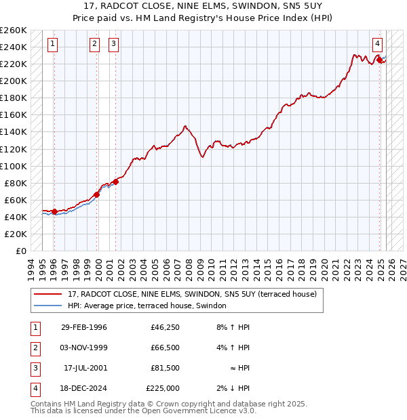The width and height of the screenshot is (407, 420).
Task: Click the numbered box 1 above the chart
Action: point(53,45)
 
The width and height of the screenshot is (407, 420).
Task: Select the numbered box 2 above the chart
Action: point(94,45)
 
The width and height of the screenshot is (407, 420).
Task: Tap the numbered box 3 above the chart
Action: point(113,45)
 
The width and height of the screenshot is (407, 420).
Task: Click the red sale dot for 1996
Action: point(54,211)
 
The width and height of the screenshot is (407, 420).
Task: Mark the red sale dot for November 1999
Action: point(96,194)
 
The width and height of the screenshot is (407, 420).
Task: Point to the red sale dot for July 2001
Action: point(116,182)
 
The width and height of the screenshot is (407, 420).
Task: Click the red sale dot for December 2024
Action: point(379,60)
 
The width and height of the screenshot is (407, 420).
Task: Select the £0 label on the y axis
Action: point(20,251)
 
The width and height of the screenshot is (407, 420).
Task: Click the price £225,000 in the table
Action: point(163,388)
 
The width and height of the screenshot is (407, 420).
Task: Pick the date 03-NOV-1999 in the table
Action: point(84,348)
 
